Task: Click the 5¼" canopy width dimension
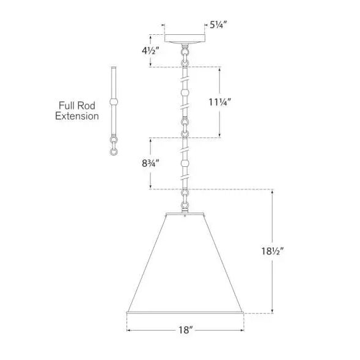pyautogui.click(x=218, y=24)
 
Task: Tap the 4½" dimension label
pyautogui.click(x=150, y=51)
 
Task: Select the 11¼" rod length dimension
pyautogui.click(x=219, y=102)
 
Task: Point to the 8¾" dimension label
pyautogui.click(x=150, y=163)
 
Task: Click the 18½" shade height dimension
pyautogui.click(x=273, y=251)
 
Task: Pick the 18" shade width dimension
pyautogui.click(x=185, y=330)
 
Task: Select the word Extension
pyautogui.click(x=77, y=116)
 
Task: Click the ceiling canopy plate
pyautogui.click(x=185, y=39)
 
